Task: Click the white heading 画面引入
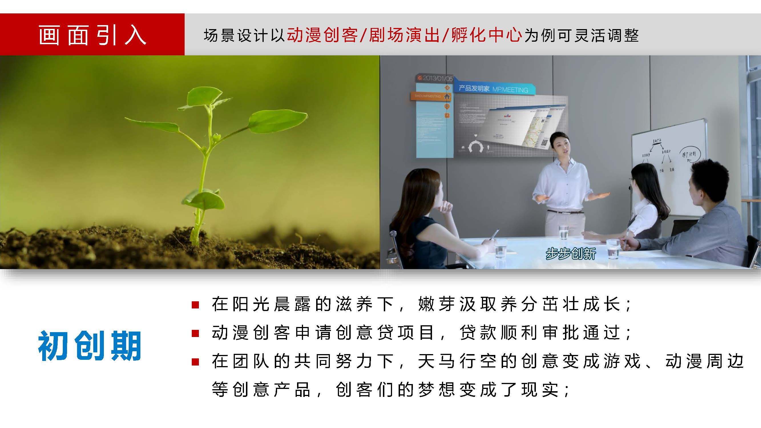point(92,35)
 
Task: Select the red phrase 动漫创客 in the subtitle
point(322,35)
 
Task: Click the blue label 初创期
point(90,346)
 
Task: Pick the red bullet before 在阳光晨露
point(195,304)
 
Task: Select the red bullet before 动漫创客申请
point(195,333)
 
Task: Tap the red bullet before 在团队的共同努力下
point(195,362)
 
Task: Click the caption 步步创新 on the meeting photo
point(570,253)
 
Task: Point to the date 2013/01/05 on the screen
point(437,78)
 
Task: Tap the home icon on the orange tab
point(447,96)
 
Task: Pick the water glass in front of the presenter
point(563,232)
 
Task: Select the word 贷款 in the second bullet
point(479,333)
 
